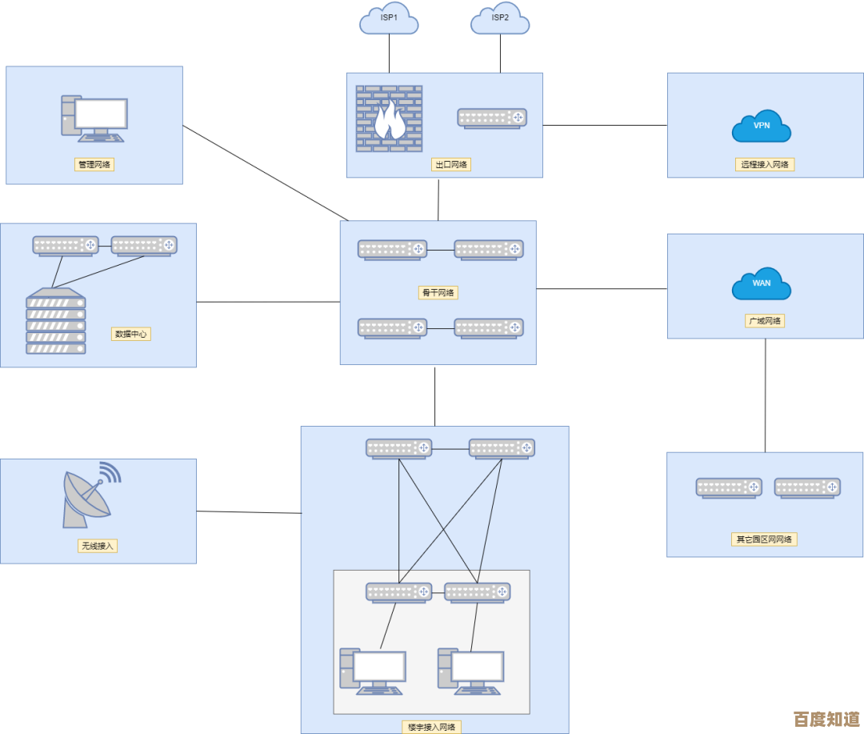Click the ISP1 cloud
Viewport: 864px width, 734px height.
pos(389,18)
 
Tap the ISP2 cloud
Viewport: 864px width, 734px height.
pos(500,18)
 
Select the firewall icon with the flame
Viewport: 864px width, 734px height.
pos(389,118)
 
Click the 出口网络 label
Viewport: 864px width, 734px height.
pos(450,164)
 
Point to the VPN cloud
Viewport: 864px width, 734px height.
pos(762,126)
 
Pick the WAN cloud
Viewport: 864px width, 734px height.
pos(762,284)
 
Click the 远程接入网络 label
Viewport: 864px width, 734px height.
pos(765,164)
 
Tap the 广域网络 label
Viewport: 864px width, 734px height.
pos(765,321)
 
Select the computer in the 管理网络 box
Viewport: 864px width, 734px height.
pos(94,118)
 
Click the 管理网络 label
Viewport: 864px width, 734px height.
pos(94,164)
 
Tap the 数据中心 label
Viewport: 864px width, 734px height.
pos(131,334)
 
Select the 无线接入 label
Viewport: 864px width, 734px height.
pos(98,546)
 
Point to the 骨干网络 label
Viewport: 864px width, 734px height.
pos(438,292)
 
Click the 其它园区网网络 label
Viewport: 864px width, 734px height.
pos(765,539)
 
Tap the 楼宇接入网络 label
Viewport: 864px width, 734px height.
pos(431,727)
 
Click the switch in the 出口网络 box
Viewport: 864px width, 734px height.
pos(492,118)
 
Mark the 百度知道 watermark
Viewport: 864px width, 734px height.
pos(826,718)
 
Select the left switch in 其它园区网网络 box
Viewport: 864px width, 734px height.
pos(729,487)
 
